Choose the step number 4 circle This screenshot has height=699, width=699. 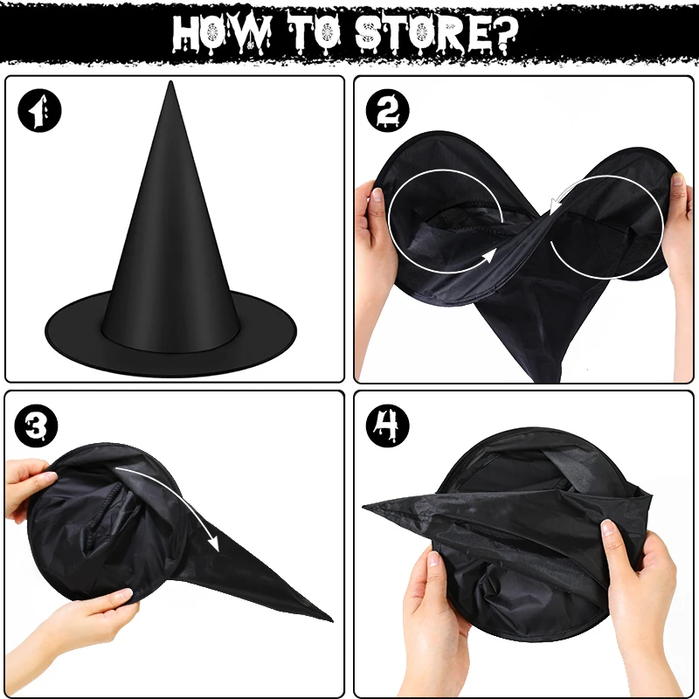click(x=386, y=426)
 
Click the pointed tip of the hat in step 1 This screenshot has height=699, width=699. click(x=171, y=87)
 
